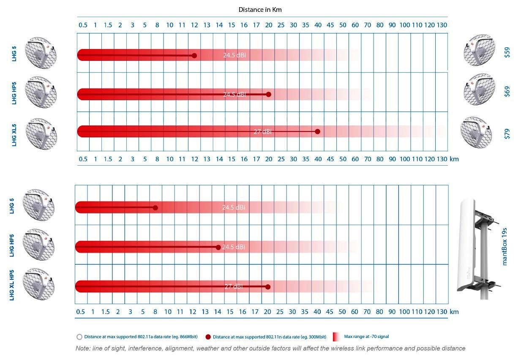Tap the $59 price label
(507, 52)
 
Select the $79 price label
(507, 134)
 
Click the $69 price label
(507, 92)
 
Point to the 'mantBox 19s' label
(504, 245)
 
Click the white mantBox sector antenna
(472, 245)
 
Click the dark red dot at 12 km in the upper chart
(194, 55)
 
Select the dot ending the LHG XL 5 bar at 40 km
(318, 131)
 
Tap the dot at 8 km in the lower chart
(155, 207)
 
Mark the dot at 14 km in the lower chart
(218, 247)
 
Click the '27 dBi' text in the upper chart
(262, 132)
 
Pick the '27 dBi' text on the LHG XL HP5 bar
(234, 286)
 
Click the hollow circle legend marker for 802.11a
(79, 337)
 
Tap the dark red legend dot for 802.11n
(208, 337)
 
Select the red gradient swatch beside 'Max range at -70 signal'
(336, 337)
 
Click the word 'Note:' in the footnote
(82, 349)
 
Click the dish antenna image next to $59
(479, 50)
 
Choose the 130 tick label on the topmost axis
(442, 25)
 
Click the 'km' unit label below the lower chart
(454, 312)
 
